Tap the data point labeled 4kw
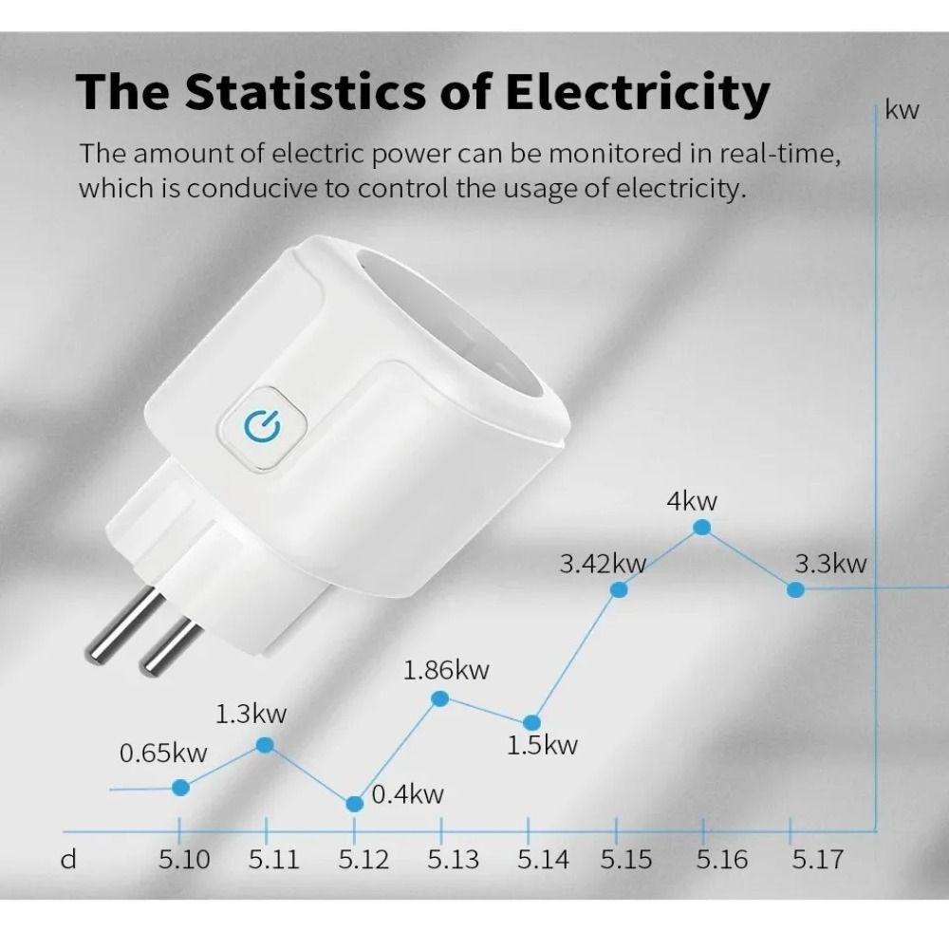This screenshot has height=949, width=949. [703, 527]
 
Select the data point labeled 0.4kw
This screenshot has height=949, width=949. [355, 804]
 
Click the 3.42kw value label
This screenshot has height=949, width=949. [603, 565]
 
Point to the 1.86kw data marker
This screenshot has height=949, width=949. [440, 698]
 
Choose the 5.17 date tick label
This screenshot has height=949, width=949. [817, 860]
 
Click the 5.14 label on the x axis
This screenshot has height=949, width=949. [543, 860]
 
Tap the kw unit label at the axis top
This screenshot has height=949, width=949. [902, 110]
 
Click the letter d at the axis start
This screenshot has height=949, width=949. [67, 860]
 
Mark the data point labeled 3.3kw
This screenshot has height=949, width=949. [796, 589]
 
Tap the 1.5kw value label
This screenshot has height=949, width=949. [542, 745]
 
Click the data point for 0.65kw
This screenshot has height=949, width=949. [181, 787]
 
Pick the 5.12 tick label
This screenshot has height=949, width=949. [363, 860]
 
